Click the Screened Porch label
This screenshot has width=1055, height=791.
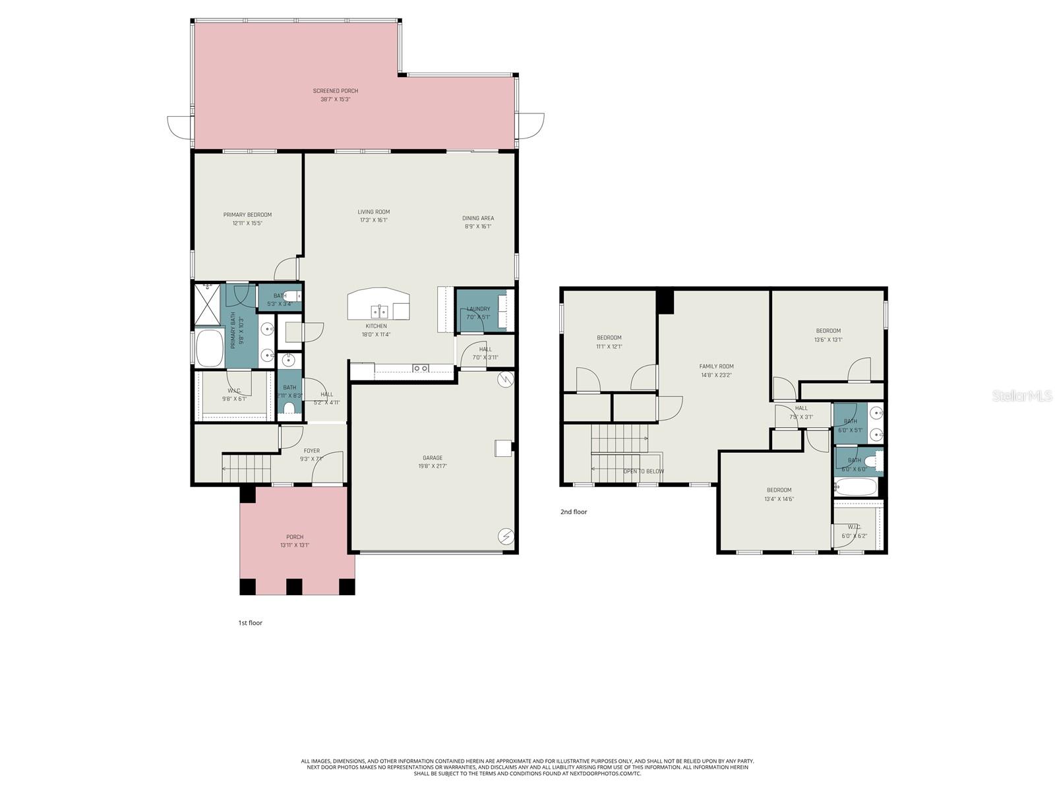(336, 91)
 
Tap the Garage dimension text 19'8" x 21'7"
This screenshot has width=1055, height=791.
(433, 466)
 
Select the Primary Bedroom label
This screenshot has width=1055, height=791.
(247, 215)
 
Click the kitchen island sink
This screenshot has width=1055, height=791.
(378, 310)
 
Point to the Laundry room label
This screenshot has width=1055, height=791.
(478, 308)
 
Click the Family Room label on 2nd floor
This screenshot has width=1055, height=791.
(716, 366)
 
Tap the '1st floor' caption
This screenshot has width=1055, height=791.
(250, 623)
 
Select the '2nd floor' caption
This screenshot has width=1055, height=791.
(573, 512)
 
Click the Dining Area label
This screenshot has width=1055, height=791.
(478, 218)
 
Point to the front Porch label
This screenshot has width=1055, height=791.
(295, 537)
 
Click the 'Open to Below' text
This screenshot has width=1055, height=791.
(644, 471)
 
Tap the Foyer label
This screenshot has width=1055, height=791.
(311, 451)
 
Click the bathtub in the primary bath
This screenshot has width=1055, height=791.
(210, 348)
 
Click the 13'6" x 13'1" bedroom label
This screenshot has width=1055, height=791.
(828, 331)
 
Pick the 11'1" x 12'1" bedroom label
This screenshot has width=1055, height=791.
(609, 337)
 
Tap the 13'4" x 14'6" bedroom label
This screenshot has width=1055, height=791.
(779, 490)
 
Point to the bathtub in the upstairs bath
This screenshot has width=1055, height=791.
(856, 488)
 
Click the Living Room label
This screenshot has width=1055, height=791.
(374, 212)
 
